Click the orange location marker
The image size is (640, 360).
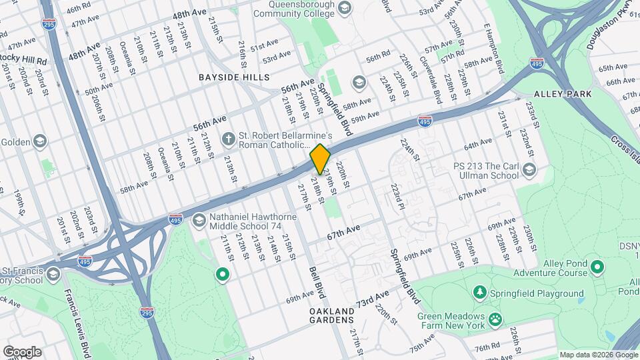[320, 159]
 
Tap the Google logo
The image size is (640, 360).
[22, 351]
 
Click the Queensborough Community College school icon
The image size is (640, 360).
[344, 7]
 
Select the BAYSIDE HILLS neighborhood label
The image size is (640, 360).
[234, 77]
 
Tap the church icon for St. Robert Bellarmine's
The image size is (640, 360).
[228, 139]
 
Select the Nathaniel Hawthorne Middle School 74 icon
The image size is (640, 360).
[199, 221]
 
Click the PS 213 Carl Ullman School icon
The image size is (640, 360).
[529, 169]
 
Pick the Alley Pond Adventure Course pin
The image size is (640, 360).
[597, 268]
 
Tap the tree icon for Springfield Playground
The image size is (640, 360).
[479, 293]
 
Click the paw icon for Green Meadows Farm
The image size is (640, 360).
[495, 320]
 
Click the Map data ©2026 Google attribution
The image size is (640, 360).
[598, 355]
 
